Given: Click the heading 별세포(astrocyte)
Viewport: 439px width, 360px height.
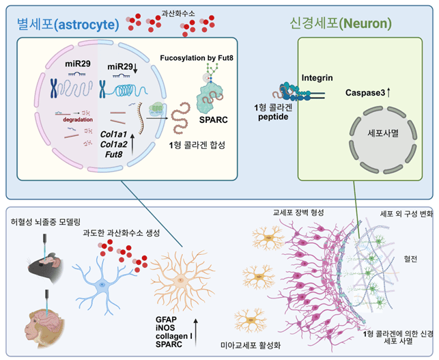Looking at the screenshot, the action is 68,24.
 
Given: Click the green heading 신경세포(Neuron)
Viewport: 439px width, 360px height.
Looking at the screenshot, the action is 341,23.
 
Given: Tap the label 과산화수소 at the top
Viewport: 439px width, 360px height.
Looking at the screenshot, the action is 178,13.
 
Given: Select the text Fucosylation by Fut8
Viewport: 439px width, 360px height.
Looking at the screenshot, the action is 197,58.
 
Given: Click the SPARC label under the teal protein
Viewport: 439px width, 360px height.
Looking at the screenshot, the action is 213,120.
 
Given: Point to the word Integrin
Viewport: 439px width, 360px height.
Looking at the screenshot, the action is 317,78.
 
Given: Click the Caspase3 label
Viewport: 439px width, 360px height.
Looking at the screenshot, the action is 365,92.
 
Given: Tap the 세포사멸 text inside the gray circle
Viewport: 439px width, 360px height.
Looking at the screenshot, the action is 383,133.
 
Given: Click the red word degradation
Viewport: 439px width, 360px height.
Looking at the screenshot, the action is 78,120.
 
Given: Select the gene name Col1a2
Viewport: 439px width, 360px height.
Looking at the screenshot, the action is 113,144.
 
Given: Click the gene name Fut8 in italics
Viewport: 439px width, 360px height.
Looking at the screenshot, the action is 113,154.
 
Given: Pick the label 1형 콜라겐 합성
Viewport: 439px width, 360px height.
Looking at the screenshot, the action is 197,145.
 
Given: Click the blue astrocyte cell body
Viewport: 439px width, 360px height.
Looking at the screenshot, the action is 102,285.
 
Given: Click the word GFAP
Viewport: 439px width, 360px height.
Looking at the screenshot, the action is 166,320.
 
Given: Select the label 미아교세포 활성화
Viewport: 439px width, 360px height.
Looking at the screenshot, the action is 251,345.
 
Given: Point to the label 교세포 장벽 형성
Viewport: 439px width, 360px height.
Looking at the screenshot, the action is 298,212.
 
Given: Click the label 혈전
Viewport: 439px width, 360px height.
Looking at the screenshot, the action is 410,259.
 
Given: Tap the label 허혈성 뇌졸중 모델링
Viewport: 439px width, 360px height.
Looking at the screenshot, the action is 46,222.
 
